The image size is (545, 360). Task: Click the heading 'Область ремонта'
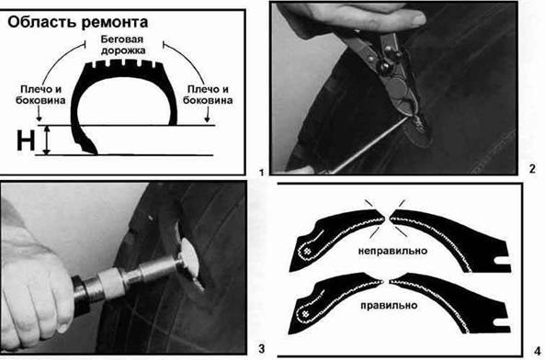[x=77, y=22]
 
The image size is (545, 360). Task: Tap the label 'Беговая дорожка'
[x=122, y=45]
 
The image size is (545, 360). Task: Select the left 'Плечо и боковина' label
[x=40, y=95]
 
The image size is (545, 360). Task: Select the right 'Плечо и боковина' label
[x=208, y=95]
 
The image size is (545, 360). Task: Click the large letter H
[x=26, y=141]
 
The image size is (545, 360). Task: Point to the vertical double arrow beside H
[x=47, y=141]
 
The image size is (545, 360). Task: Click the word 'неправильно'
[x=392, y=251]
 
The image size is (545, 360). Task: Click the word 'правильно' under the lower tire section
[x=389, y=306]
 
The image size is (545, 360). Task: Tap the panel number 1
[x=261, y=172]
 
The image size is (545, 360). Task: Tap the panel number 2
[x=532, y=169]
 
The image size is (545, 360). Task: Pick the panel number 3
[x=261, y=348]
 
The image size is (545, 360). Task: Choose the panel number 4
[x=537, y=352]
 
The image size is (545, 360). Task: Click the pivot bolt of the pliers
[x=385, y=65]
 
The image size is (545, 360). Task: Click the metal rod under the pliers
[x=369, y=145]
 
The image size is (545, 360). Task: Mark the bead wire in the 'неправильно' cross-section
[x=307, y=252]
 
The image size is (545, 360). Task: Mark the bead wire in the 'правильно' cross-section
[x=305, y=314]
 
